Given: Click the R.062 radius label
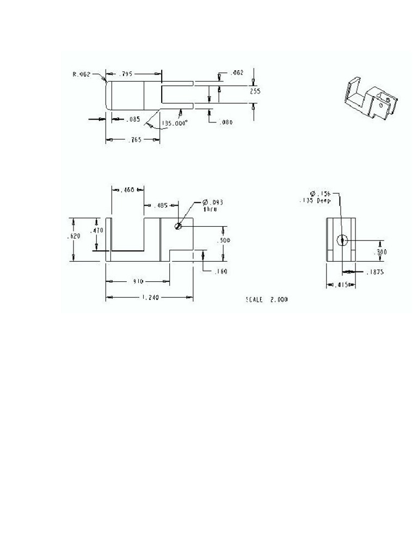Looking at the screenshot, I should point(81,74).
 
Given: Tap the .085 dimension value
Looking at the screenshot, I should point(133,119).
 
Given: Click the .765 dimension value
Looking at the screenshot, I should point(134,140).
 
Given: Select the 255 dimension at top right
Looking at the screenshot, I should point(255,91).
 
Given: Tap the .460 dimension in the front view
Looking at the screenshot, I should point(127,190).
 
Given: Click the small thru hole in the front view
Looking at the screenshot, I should point(178,226).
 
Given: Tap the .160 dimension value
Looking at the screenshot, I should point(220,271).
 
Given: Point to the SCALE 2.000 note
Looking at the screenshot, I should point(267,300).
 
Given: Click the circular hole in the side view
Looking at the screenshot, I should point(342,240).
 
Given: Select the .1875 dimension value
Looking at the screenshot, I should point(374,272).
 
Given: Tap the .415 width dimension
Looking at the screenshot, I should point(341,285).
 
